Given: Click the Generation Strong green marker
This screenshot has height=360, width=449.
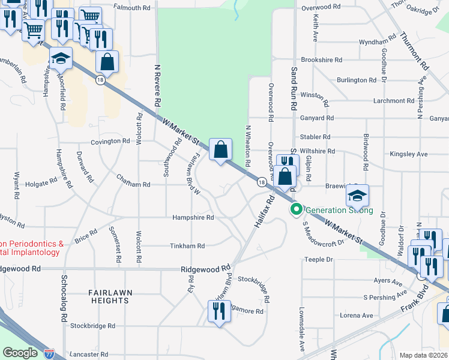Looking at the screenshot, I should pyautogui.click(x=296, y=209).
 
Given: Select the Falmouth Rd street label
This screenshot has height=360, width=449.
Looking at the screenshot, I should pyautogui.click(x=130, y=8).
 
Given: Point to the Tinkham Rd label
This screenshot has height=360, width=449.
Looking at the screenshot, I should pyautogui.click(x=187, y=246).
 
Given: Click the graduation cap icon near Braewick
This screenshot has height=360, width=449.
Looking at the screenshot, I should pyautogui.click(x=357, y=195).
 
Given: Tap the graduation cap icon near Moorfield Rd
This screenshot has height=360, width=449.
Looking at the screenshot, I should pyautogui.click(x=61, y=59).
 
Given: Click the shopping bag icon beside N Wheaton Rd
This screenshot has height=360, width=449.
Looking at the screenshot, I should pyautogui.click(x=220, y=149).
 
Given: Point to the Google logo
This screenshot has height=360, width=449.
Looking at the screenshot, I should pyautogui.click(x=20, y=353).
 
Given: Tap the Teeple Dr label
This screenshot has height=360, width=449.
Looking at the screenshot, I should pyautogui.click(x=319, y=260).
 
